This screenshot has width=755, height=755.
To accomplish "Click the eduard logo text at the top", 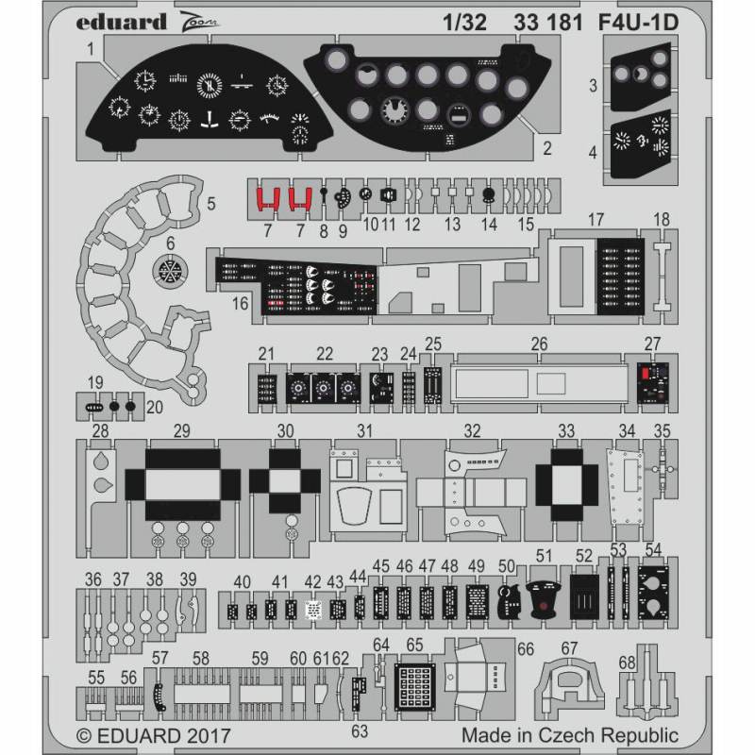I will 119,22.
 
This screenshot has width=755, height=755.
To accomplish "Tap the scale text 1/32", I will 467,23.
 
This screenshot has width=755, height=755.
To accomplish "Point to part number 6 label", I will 170,243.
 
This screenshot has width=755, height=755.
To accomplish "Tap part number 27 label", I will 653,343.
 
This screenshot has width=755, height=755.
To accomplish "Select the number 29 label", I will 182,430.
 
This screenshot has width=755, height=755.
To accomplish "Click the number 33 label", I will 566,430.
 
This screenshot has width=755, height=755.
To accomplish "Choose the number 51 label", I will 544,554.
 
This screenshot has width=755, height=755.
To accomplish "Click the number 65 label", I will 414,645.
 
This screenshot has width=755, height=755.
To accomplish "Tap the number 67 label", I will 568,648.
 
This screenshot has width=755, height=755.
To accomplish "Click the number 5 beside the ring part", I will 211,203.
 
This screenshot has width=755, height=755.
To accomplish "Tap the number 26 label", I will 539,344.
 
